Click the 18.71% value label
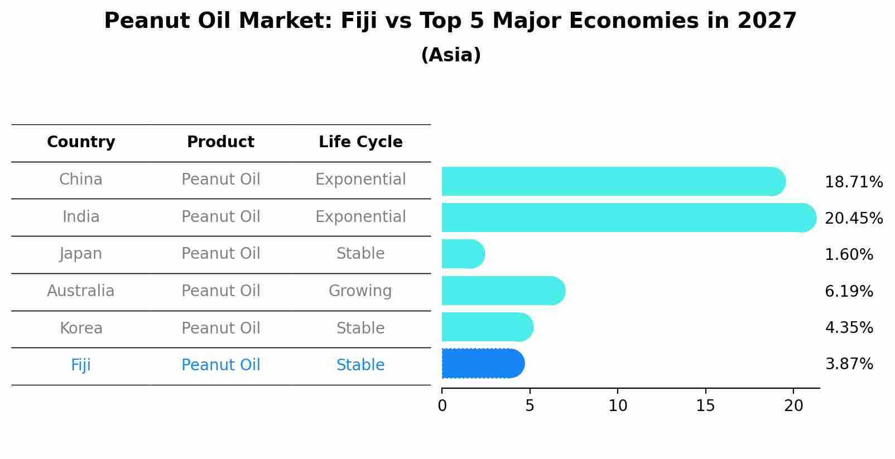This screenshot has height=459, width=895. [x=853, y=182]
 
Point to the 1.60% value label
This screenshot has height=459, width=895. [x=848, y=255]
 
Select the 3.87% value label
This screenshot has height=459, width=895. [x=848, y=364]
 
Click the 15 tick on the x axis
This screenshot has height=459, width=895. [x=705, y=406]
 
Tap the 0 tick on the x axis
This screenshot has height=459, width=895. [x=442, y=406]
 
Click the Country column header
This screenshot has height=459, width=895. [x=81, y=142]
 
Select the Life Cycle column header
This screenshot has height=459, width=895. [x=360, y=142]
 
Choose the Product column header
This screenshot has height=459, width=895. [x=220, y=142]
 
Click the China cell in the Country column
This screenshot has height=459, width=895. [x=81, y=180]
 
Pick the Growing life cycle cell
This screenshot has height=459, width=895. [x=360, y=291]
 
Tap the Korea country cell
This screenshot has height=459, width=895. [x=81, y=328]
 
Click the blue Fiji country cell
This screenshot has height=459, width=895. [x=81, y=365]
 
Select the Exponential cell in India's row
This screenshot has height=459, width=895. [x=360, y=217]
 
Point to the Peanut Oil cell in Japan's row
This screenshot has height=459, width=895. [x=220, y=254]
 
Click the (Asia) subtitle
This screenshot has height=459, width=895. [x=451, y=55]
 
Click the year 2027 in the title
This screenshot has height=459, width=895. [x=767, y=21]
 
